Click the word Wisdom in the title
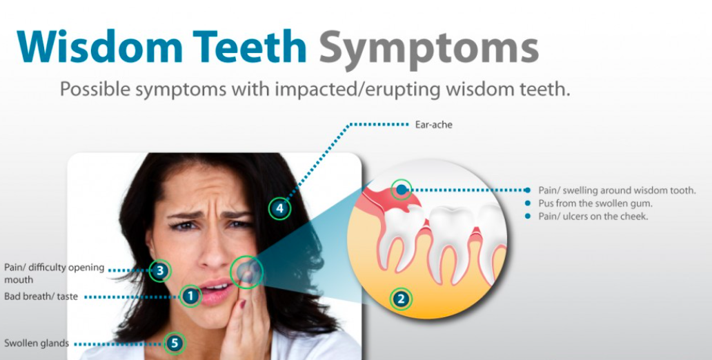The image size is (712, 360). [99, 47]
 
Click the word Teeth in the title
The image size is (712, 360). [249, 47]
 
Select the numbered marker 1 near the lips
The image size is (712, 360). [190, 297]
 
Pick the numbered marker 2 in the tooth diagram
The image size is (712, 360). [401, 299]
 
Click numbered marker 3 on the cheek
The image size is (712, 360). [160, 271]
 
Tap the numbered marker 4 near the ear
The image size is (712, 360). [279, 208]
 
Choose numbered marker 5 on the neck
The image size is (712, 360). [175, 343]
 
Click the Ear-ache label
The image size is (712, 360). [434, 124]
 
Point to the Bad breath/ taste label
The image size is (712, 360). [41, 297]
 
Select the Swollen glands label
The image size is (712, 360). [37, 343]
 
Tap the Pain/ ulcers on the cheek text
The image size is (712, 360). [593, 216]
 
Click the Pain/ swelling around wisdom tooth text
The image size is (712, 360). [617, 190]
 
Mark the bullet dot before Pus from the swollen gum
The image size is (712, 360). [527, 203]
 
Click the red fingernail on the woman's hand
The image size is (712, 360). [243, 304]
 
